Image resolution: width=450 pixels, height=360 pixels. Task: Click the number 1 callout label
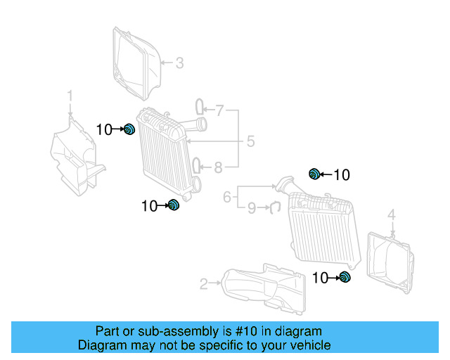(70, 95)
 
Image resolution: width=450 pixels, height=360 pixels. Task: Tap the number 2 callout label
(204, 284)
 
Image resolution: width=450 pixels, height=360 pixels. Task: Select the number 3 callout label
(179, 63)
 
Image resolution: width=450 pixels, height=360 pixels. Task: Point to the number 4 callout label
(392, 214)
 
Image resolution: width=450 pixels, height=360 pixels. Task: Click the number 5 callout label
(250, 142)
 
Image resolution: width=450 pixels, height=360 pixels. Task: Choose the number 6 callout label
(227, 197)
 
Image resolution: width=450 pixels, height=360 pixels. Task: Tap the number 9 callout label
(251, 207)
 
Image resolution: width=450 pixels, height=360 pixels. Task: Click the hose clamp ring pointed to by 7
(200, 107)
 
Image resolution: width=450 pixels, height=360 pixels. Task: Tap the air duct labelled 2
(264, 288)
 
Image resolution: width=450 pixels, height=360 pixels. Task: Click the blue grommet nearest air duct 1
(129, 129)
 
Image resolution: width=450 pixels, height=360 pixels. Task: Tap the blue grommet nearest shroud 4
(345, 278)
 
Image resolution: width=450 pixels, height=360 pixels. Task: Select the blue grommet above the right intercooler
(315, 174)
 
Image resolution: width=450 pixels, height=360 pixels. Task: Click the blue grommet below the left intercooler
(174, 205)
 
